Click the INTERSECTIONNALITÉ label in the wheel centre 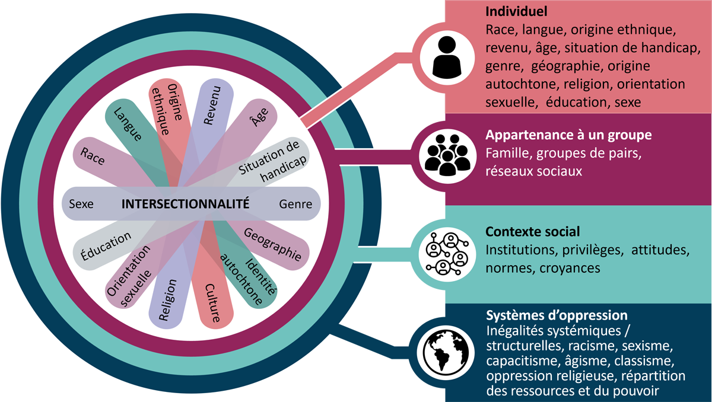185,204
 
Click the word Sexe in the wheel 81,205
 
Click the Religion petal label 170,301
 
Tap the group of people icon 447,155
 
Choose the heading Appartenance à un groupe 568,135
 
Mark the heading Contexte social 532,231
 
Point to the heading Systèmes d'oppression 557,315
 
